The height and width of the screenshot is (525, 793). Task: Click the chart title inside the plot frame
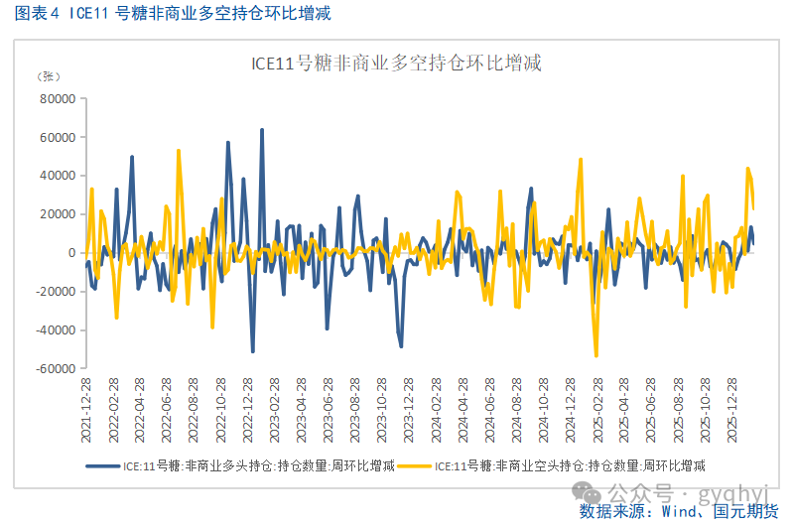(395, 64)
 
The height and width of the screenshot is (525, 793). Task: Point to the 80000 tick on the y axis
(57, 99)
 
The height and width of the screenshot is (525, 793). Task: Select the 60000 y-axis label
(57, 137)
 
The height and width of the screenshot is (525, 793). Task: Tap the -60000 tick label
(55, 368)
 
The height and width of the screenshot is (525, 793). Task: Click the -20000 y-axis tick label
(55, 291)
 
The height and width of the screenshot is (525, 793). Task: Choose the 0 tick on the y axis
(71, 253)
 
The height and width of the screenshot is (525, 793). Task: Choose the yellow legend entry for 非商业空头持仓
(556, 463)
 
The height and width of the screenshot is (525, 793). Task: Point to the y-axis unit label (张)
(48, 76)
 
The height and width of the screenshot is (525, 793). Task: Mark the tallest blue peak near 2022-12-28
(262, 130)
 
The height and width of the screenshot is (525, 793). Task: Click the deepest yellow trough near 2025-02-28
(596, 355)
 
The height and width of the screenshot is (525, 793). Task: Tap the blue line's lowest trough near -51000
(253, 351)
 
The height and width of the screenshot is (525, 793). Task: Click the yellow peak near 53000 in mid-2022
(179, 151)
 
